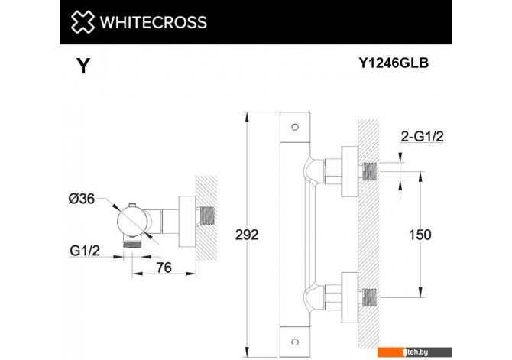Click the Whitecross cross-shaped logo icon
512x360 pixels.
[83, 22]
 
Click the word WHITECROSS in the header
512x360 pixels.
[153, 22]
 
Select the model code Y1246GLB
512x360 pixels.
[394, 63]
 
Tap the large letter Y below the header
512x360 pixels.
[83, 66]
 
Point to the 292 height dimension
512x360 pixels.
[247, 235]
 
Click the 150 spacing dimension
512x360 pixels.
[420, 235]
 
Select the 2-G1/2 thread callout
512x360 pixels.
[422, 136]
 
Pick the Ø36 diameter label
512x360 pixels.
[82, 199]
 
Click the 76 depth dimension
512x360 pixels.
[164, 268]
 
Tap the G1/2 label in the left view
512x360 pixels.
[85, 251]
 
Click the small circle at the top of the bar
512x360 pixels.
[295, 127]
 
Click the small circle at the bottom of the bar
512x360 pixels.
[295, 342]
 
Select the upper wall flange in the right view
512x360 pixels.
[350, 171]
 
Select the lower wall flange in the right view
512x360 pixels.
[350, 297]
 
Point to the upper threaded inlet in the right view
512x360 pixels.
[370, 171]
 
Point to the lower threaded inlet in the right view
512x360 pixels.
[370, 297]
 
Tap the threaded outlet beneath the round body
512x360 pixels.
[132, 244]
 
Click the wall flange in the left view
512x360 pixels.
[187, 222]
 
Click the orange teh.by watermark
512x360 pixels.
[415, 352]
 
